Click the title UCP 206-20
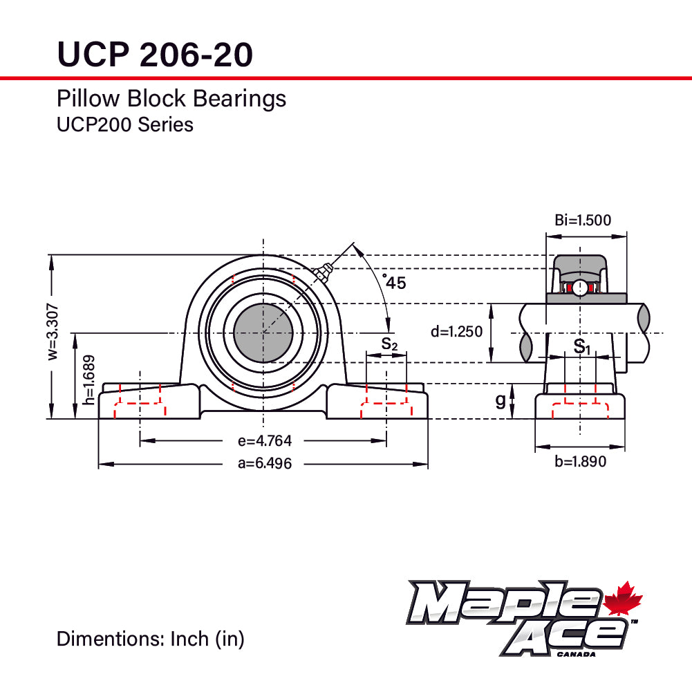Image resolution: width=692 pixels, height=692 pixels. pos(154,54)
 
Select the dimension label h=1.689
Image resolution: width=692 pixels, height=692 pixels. pos(88,380)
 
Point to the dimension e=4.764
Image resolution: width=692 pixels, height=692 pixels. pos(264,440)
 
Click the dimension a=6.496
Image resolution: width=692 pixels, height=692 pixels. pos(264,464)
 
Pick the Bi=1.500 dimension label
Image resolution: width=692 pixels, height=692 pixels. pos(583,221)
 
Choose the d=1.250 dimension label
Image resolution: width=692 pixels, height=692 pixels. pos(456,332)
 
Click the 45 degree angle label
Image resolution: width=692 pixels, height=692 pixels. pos(394,282)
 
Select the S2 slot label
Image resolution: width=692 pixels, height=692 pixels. pos(389,344)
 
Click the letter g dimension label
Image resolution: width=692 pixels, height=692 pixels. pos(501,400)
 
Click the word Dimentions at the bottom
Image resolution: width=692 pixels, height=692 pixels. pos(110,639)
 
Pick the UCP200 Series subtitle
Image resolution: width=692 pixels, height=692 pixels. pos(124,125)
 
